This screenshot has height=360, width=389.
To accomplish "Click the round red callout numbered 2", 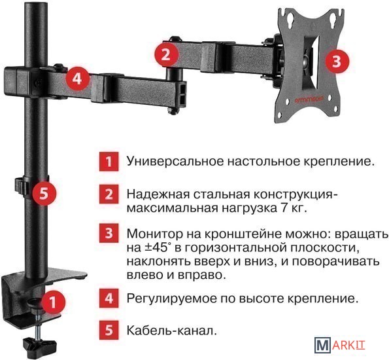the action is pos(165,55).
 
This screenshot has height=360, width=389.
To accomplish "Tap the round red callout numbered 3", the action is pos(337,61).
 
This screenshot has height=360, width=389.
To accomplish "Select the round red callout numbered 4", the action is pos(77,79).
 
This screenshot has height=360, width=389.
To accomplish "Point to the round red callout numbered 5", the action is pos(44,193).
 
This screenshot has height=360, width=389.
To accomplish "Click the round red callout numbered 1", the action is pos(52,302).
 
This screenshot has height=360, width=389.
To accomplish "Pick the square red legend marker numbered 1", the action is pos(109,162).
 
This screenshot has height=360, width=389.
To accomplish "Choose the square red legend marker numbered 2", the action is pos(109,194).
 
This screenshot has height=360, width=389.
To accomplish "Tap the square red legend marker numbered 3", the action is pos(109,233).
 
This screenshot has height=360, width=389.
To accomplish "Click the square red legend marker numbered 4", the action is pos(109,298).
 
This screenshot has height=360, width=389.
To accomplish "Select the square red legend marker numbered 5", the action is pos(109,330).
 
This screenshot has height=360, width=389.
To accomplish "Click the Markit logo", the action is pos(340,345).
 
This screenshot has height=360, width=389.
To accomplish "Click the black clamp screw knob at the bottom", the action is pos(40,344).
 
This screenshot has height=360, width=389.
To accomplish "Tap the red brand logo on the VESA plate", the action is pos(309,100).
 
